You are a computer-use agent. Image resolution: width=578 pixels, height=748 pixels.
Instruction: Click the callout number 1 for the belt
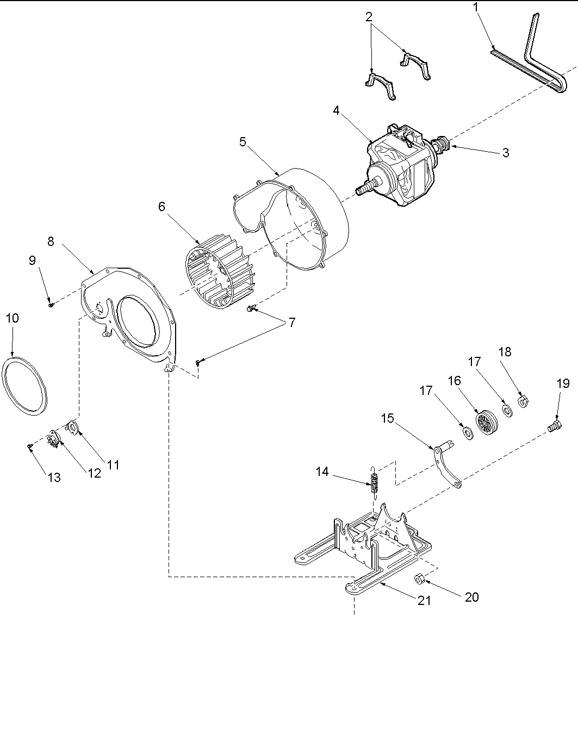pyautogui.click(x=476, y=7)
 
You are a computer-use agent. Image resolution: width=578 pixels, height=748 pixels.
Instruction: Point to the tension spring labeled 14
pyautogui.click(x=372, y=481)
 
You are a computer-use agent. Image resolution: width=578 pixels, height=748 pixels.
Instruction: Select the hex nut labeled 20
pyautogui.click(x=420, y=578)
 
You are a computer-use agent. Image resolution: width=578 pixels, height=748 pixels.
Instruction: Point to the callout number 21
pyautogui.click(x=424, y=600)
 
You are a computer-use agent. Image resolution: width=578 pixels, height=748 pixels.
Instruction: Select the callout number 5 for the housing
pyautogui.click(x=243, y=142)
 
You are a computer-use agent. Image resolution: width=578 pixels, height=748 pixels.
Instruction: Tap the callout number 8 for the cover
pyautogui.click(x=51, y=241)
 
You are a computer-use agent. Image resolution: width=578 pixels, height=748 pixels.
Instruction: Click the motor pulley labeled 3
pyautogui.click(x=441, y=144)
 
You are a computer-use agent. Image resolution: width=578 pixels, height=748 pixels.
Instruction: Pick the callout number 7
pyautogui.click(x=292, y=323)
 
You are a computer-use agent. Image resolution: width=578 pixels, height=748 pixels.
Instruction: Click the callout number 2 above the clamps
pyautogui.click(x=369, y=17)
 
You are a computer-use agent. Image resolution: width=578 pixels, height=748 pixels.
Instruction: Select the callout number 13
pyautogui.click(x=54, y=478)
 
